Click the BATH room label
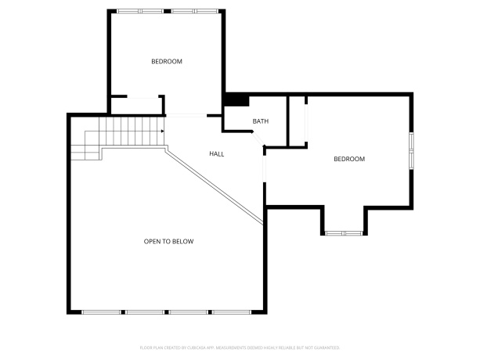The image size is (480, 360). click(261, 121)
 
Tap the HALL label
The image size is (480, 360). click(216, 154)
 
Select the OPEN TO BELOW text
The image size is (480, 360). click(168, 241)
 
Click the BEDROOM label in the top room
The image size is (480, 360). click(167, 61)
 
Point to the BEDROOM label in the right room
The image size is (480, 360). click(349, 159)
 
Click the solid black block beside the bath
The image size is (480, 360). click(236, 99)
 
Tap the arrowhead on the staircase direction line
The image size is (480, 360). click(162, 131)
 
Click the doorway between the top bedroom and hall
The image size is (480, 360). click(186, 116)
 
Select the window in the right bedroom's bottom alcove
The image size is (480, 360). click(344, 233)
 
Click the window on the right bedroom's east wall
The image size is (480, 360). click(410, 151)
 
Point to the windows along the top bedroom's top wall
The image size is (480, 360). click(167, 11)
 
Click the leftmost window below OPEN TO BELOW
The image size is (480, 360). click(101, 312)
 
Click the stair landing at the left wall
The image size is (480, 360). click(85, 146)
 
